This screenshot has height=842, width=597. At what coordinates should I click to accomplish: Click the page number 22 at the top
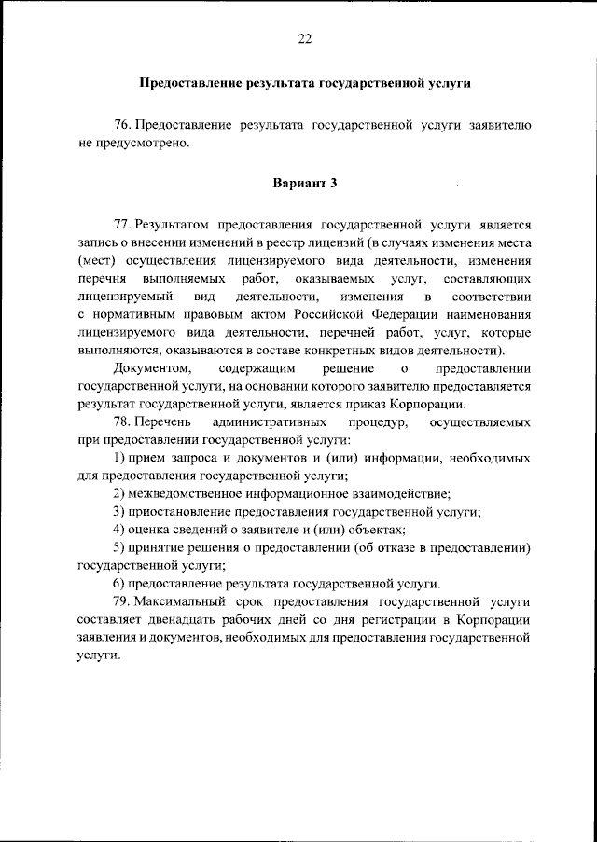coord(304,38)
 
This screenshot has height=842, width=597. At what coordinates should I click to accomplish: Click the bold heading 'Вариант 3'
coord(304,183)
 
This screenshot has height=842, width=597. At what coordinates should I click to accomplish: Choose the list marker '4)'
coord(119,530)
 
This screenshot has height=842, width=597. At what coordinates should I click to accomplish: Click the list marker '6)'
coord(119,584)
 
